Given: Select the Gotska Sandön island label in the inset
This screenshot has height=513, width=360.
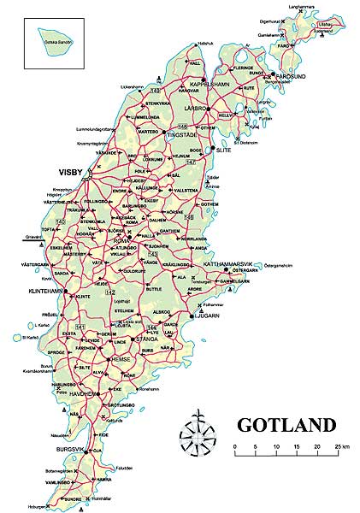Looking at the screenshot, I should (54, 41).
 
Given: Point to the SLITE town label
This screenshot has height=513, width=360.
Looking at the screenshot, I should (225, 149).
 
